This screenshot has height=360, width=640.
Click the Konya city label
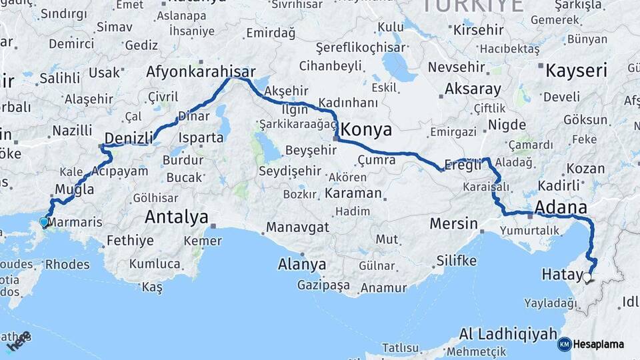(x=366, y=129)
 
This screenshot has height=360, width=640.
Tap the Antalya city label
(x=177, y=217)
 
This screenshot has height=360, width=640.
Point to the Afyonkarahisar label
(x=201, y=71)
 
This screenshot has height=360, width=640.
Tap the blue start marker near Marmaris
(x=44, y=222)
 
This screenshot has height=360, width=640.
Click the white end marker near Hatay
(x=587, y=278)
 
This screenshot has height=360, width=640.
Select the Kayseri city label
(x=577, y=71)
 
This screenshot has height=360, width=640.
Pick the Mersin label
(x=453, y=223)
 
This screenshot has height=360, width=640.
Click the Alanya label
(x=302, y=264)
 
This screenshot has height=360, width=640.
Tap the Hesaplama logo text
(x=599, y=345)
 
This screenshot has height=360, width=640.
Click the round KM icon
(x=564, y=345)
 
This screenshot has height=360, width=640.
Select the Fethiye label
(x=130, y=241)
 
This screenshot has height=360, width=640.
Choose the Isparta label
(x=201, y=138)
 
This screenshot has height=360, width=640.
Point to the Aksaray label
(x=473, y=89)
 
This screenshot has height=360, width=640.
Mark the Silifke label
(x=457, y=260)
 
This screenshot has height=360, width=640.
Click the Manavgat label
(x=297, y=227)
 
